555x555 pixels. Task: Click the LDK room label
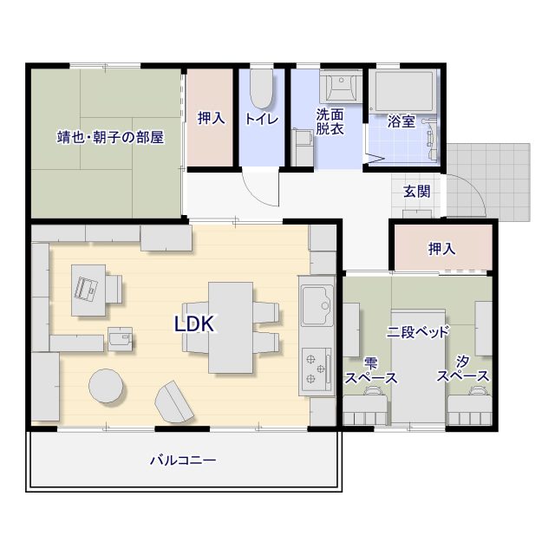click(194, 323)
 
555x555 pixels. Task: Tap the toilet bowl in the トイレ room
click(262, 88)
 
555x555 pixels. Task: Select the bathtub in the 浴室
click(405, 91)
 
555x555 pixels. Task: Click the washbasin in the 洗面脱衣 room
click(341, 86)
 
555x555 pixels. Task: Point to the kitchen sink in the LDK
click(317, 306)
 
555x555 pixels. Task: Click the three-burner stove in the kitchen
click(317, 369)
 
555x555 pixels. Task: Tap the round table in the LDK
click(106, 386)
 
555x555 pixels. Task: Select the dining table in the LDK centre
click(231, 328)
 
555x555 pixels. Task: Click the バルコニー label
click(183, 460)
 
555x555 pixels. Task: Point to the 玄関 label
click(417, 192)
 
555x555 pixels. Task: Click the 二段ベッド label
click(418, 332)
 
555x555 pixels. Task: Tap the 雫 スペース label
click(371, 370)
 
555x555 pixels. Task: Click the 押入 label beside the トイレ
click(212, 118)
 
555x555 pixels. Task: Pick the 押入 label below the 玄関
click(441, 249)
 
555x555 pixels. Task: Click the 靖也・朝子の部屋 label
click(111, 137)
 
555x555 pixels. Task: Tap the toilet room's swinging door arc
click(257, 197)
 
